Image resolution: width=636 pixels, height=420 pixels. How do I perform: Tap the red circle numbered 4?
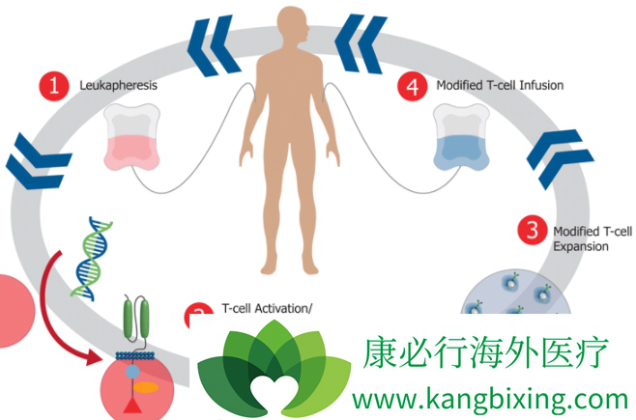(x=413, y=85)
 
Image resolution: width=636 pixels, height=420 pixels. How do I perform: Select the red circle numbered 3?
(x=530, y=231)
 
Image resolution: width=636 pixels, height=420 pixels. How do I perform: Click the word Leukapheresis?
(x=118, y=85)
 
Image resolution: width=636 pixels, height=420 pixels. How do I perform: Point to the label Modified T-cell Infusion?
(x=500, y=85)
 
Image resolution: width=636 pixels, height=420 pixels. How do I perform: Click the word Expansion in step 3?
(x=580, y=246)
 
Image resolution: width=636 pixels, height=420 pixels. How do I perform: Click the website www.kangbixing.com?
(x=490, y=398)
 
